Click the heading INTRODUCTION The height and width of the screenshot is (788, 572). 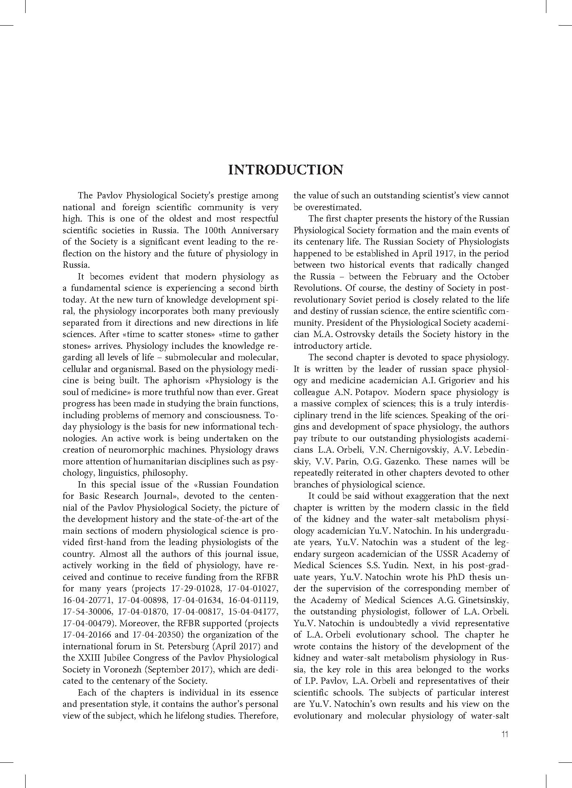coord(286,170)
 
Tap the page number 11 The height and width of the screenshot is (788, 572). coord(504,734)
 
